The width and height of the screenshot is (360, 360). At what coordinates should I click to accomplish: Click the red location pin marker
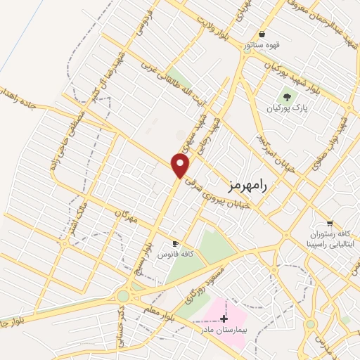pyautogui.click(x=181, y=165)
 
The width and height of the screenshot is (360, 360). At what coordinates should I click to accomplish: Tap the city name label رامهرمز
pyautogui.click(x=249, y=185)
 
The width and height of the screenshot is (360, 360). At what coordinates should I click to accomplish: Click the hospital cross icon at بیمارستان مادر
pyautogui.click(x=224, y=319)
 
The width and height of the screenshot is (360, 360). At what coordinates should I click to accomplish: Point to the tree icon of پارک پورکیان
pyautogui.click(x=287, y=97)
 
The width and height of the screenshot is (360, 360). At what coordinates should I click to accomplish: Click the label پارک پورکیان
pyautogui.click(x=288, y=110)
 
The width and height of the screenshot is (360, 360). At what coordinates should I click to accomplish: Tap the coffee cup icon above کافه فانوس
pyautogui.click(x=176, y=241)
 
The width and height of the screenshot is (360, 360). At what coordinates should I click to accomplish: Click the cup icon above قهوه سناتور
pyautogui.click(x=262, y=34)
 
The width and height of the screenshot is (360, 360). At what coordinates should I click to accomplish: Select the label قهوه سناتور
pyautogui.click(x=262, y=45)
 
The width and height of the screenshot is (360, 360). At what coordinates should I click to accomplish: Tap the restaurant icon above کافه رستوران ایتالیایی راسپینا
pyautogui.click(x=329, y=224)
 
